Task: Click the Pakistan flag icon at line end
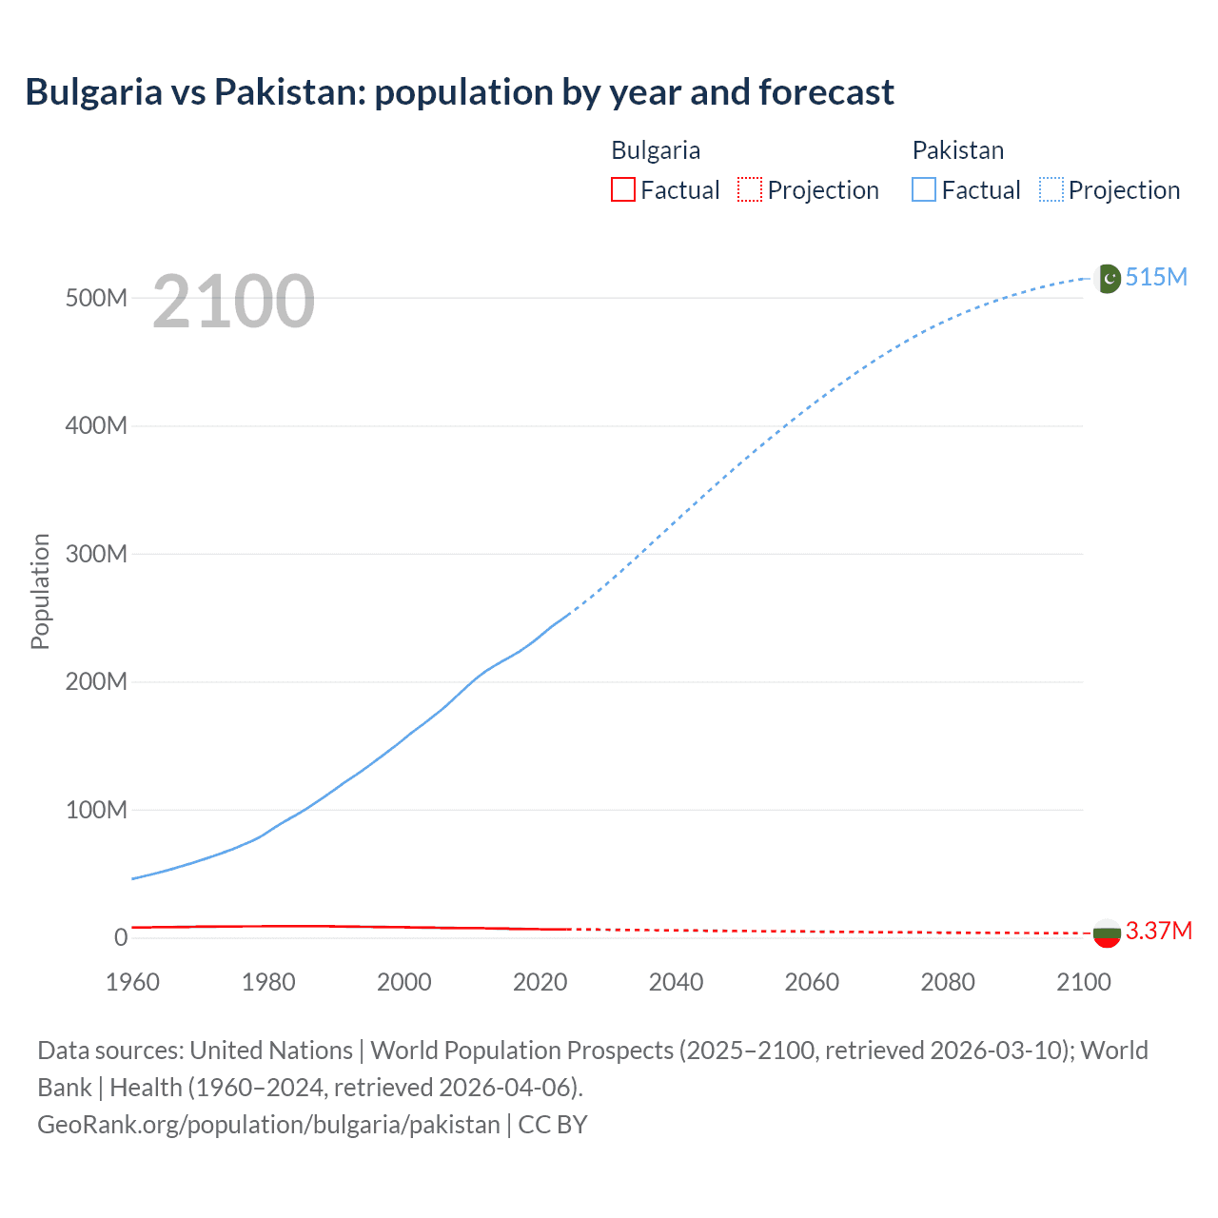1108,278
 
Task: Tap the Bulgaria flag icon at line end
1107,933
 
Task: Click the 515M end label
1156,277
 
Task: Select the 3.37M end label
1158,931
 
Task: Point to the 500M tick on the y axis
96,298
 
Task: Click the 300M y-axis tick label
96,554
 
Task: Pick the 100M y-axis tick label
96,810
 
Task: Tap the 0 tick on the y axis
120,937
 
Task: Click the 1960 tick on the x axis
132,982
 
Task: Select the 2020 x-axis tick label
540,982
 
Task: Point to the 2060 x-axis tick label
812,982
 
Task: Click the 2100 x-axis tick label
1083,982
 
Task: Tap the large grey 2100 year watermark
233,302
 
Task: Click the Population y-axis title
40,591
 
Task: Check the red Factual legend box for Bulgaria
622,189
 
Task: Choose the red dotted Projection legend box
750,189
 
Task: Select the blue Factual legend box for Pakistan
923,189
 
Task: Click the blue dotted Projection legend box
1051,189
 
